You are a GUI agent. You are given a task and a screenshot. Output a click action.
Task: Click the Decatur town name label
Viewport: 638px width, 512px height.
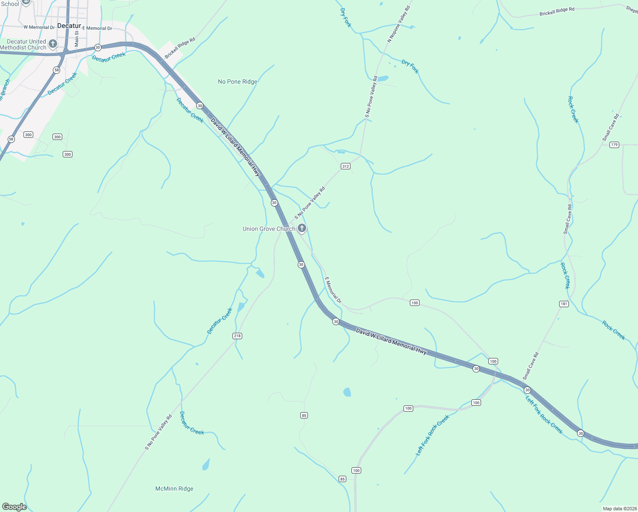[69, 26]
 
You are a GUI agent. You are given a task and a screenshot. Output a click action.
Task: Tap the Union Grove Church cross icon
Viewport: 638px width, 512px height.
[302, 228]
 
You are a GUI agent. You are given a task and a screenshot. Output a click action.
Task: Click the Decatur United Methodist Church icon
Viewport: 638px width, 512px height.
[53, 44]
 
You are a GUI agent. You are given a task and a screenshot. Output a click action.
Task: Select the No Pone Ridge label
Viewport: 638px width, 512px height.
[238, 81]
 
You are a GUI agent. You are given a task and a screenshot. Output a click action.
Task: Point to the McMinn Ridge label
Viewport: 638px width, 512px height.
[174, 489]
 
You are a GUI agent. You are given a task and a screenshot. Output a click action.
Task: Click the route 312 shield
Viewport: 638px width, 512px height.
[345, 166]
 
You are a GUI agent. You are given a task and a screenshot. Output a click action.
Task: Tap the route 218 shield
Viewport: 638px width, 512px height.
[237, 336]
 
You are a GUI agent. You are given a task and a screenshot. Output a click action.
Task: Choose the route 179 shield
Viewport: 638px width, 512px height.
[614, 145]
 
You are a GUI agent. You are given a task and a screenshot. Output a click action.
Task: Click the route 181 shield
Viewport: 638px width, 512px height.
[564, 304]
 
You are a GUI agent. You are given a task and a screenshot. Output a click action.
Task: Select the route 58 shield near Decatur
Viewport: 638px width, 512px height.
[56, 70]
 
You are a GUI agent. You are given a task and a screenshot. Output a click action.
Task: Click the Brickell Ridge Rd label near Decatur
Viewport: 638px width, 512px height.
[180, 48]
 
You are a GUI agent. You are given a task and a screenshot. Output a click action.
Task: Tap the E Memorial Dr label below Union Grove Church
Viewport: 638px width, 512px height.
[333, 290]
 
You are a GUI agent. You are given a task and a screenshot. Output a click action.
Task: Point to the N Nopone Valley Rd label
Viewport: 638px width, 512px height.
[399, 24]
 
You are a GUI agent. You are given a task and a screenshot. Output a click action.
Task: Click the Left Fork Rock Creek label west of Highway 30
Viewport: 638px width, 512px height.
[432, 435]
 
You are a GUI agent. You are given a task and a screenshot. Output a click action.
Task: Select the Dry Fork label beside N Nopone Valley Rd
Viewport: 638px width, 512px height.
[410, 67]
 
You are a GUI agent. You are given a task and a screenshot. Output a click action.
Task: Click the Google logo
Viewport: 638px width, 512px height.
[14, 506]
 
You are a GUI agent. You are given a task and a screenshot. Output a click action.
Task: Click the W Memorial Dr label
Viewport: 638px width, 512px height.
[39, 27]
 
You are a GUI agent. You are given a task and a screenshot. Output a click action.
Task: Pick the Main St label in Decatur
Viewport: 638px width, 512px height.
[77, 38]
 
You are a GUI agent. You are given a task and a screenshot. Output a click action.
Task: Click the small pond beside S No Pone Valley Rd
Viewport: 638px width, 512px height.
[383, 79]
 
